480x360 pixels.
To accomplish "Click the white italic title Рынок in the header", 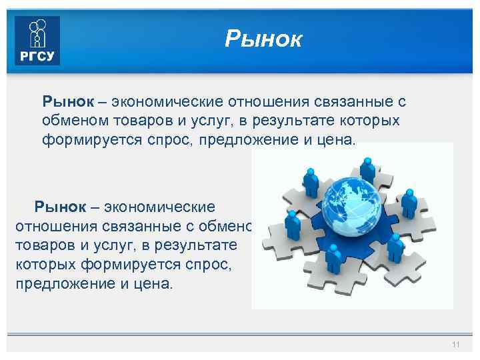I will click(x=263, y=39).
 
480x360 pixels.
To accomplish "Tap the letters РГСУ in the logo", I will click(x=37, y=55).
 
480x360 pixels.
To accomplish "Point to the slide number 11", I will click(x=456, y=344).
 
